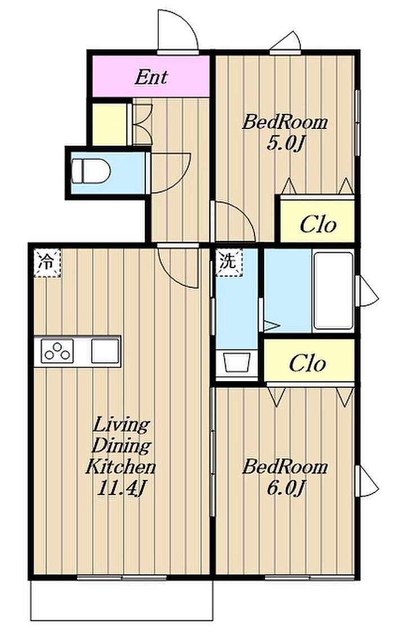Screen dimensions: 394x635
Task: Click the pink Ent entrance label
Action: [x=151, y=77]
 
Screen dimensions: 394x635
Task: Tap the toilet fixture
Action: [x=91, y=171]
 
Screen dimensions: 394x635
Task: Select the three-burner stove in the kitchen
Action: [x=57, y=351]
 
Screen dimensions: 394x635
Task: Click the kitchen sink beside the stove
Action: [x=105, y=351]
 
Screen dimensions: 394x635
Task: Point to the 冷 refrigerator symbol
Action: [x=47, y=262]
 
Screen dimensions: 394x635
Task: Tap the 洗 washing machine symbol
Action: [x=229, y=262]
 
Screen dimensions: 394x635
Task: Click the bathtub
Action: [x=333, y=291]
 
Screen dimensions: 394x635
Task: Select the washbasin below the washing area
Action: [x=236, y=361]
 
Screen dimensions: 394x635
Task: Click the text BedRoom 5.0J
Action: [x=285, y=132]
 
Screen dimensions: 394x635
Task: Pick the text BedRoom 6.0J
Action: [x=285, y=477]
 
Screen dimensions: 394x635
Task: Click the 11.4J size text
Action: [x=120, y=489]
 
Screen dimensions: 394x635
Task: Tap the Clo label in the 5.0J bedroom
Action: [x=318, y=225]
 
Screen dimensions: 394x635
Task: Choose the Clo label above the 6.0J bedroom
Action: [x=307, y=363]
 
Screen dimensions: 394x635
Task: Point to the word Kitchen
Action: [x=120, y=467]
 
